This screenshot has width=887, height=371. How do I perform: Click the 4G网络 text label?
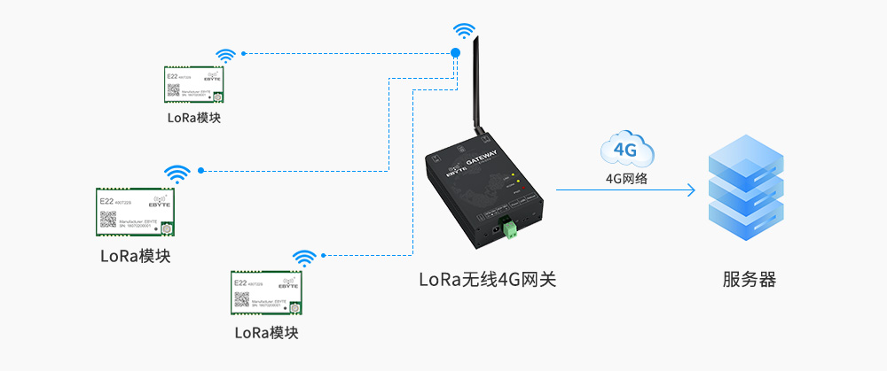(626, 178)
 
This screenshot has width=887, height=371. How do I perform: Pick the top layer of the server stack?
(746, 160)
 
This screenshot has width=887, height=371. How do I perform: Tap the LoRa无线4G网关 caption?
(488, 281)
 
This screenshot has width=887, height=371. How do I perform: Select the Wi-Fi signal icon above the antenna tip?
(463, 30)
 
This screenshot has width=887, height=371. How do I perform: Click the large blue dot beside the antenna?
(456, 53)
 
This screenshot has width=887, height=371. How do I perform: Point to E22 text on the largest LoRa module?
(106, 202)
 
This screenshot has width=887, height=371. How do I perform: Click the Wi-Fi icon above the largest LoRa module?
(177, 172)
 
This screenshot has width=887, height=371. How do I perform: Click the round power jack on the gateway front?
(491, 228)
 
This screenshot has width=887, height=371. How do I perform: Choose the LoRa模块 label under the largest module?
(135, 258)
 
